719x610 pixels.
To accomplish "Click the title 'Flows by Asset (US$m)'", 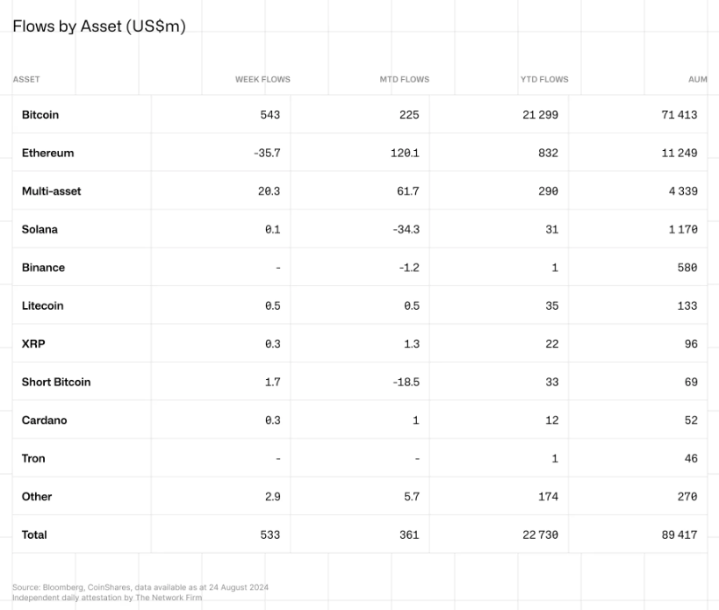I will click(99, 26).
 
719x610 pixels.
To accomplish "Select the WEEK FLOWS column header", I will click(262, 79).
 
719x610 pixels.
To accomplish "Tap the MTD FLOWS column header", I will click(404, 79).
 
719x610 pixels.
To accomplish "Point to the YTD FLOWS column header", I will click(543, 79).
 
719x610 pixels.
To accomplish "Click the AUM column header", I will click(697, 79).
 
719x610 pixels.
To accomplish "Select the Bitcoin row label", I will click(40, 115).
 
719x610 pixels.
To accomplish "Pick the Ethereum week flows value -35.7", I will click(266, 153).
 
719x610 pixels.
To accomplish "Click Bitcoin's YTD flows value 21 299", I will click(540, 115).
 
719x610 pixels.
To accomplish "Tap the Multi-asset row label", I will click(51, 191).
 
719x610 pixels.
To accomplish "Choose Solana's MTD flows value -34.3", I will click(407, 229).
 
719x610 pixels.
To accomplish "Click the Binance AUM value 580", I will click(687, 268).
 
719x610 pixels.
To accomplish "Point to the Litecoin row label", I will click(43, 305).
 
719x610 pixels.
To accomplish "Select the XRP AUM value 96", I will click(691, 344).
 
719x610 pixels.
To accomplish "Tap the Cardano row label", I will click(44, 420).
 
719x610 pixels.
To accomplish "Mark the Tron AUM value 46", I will click(691, 458).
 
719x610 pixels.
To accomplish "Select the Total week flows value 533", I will click(270, 535).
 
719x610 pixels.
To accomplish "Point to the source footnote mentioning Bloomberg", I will click(140, 586).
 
